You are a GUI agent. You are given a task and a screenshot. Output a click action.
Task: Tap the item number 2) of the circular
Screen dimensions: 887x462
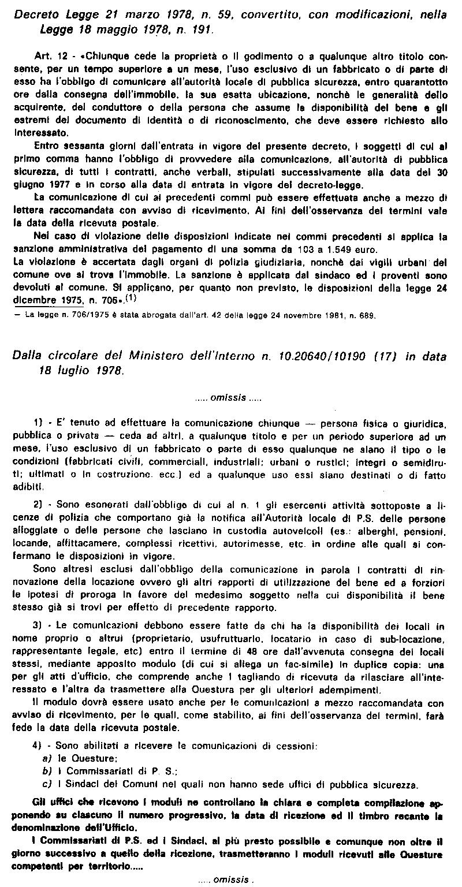tap(39, 504)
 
